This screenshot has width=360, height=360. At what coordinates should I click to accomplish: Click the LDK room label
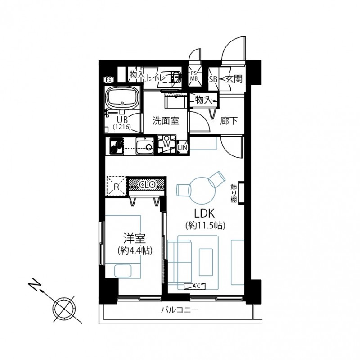[204, 213]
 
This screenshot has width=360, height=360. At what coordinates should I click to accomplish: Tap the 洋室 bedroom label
[135, 238]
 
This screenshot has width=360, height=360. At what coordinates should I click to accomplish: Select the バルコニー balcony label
[179, 310]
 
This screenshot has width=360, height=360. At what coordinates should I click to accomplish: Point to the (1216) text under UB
[121, 127]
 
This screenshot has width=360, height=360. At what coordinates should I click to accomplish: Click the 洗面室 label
[166, 121]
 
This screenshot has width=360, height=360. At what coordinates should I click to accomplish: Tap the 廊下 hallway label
[229, 121]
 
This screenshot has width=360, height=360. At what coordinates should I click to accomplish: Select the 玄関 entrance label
[234, 79]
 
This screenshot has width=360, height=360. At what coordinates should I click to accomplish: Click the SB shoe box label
[213, 79]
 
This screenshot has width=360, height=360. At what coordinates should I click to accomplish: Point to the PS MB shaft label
[194, 76]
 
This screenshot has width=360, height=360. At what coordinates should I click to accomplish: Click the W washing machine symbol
[166, 144]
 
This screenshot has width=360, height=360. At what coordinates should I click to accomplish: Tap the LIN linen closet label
[183, 147]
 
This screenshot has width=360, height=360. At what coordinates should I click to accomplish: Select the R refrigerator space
[116, 186]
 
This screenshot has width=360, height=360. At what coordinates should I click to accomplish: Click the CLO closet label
[147, 184]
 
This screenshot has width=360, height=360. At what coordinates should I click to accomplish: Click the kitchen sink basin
[144, 146]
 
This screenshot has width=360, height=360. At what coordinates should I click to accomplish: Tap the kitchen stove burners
[116, 146]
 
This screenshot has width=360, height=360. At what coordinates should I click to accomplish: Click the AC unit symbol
[195, 286]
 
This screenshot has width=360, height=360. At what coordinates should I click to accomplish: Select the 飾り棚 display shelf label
[234, 193]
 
